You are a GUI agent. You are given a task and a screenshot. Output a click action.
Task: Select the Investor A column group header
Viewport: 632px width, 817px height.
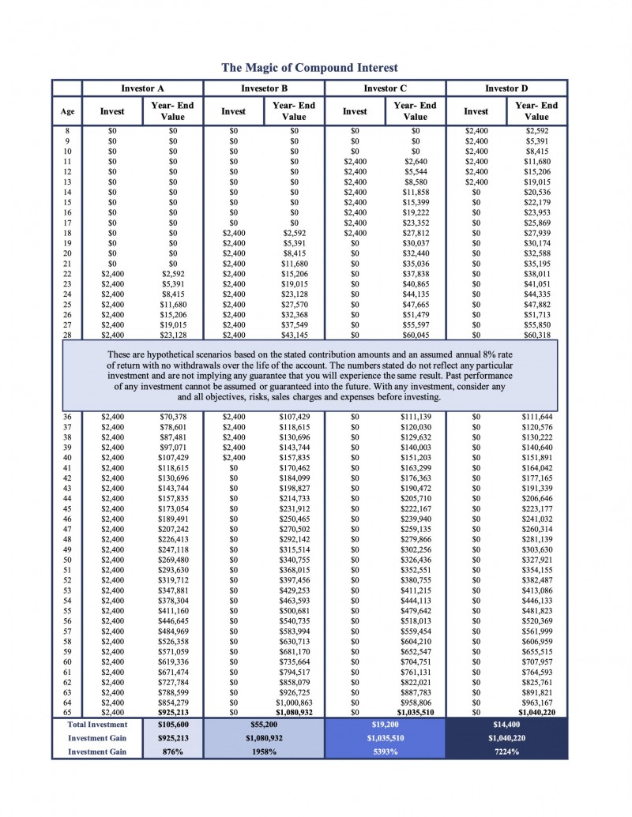coord(142,88)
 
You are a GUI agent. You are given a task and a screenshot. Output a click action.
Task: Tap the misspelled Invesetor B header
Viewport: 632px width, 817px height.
coord(264,88)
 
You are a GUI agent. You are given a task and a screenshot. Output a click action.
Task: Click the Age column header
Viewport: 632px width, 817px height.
coord(67,111)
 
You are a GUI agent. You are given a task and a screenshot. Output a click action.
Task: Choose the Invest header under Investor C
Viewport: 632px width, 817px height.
coord(355,111)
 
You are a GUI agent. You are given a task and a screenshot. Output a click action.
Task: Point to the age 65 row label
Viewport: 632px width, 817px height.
coord(67,712)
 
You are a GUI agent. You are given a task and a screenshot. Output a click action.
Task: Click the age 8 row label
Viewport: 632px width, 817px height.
coord(67,130)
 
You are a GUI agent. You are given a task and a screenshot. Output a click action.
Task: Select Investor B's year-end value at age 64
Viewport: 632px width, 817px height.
coord(294,702)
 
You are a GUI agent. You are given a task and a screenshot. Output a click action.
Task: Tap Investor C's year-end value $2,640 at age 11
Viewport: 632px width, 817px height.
coord(416,162)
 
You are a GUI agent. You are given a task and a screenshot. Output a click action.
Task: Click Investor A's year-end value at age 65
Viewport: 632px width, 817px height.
coord(173,712)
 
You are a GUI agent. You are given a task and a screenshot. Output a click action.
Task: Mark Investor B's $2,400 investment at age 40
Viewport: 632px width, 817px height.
coord(233,457)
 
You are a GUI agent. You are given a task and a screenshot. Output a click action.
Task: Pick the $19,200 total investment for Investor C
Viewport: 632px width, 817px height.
coord(386,723)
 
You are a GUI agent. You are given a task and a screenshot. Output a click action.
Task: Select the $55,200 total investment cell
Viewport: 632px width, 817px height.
coord(264,723)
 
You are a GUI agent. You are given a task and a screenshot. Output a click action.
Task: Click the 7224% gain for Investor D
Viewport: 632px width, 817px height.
coord(506,751)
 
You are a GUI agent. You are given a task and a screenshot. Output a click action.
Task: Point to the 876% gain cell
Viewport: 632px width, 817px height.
coord(173,751)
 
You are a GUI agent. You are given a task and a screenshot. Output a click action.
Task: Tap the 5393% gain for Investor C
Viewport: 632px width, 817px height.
coord(386,751)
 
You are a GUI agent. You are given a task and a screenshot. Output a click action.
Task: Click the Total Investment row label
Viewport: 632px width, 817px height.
coord(97,723)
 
